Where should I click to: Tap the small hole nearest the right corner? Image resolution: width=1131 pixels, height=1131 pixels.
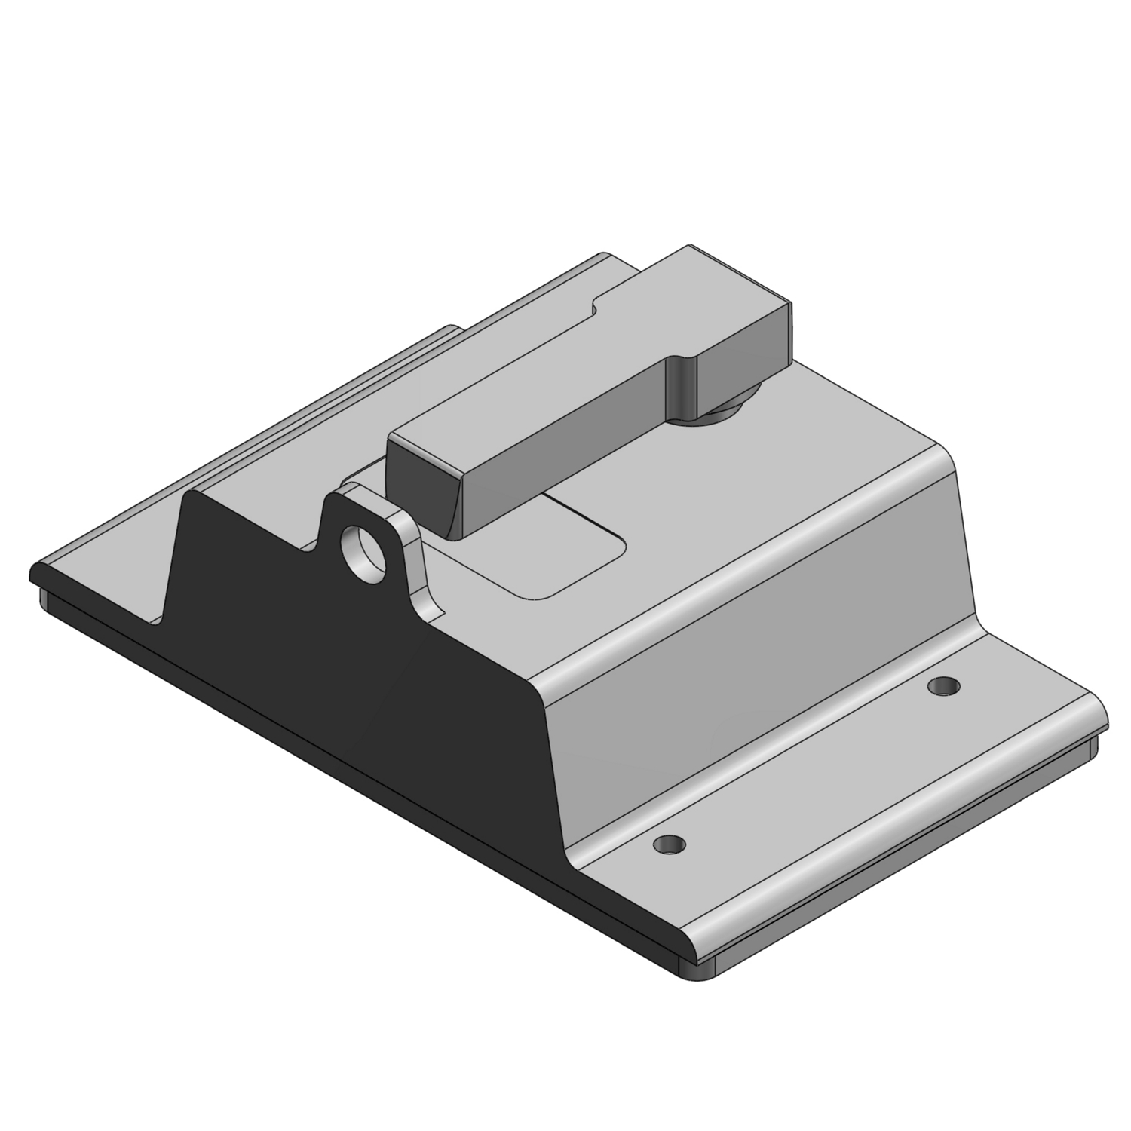point(943,685)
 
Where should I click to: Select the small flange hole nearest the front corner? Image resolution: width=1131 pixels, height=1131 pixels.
point(670,843)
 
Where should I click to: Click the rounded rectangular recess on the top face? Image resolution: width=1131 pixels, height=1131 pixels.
point(558,550)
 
